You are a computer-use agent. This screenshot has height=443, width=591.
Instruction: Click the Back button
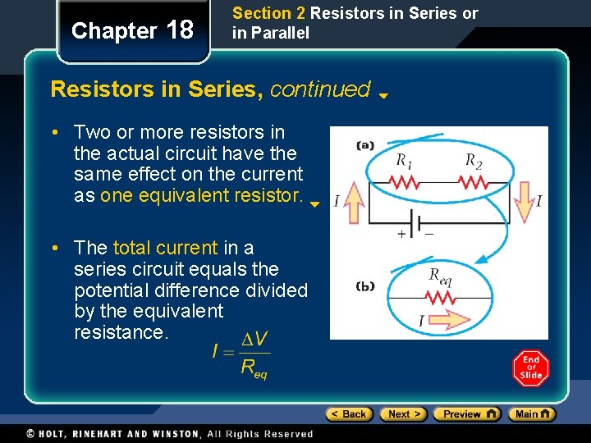349,414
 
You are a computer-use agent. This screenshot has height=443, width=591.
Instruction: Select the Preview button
466,414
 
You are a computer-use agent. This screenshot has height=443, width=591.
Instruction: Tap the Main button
532,414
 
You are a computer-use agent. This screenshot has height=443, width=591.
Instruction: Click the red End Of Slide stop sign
531,368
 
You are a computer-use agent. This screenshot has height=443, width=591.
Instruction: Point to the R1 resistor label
404,160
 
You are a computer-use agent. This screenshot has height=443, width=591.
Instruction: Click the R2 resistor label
474,160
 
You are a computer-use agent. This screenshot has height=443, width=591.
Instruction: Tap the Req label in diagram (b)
440,277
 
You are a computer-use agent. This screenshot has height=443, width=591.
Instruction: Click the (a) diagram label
365,146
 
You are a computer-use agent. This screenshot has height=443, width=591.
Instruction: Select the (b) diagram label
365,286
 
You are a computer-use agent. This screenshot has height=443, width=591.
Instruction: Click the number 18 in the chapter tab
180,30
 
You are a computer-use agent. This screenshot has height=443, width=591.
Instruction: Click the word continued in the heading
320,89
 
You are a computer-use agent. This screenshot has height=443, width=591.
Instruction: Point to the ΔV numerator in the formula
254,339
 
